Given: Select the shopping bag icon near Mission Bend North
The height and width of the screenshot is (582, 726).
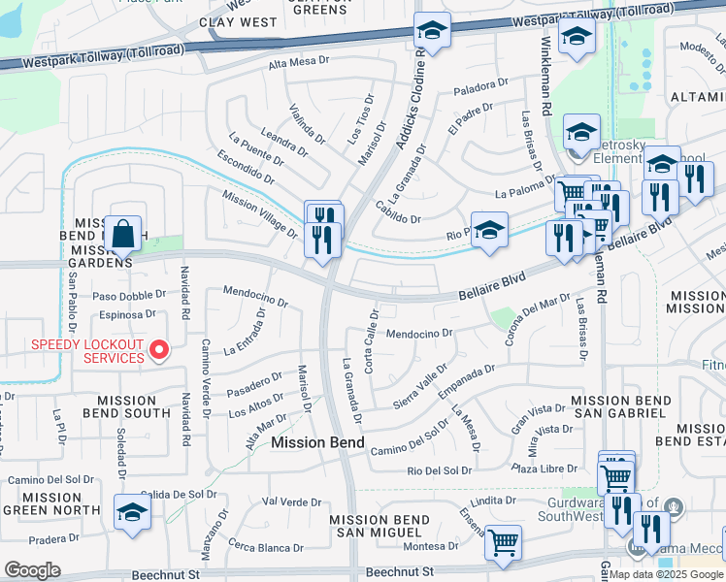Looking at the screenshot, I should (x=124, y=234).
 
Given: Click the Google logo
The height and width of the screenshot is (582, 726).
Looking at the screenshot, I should (x=32, y=570).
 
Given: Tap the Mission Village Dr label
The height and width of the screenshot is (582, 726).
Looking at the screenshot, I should (x=259, y=212).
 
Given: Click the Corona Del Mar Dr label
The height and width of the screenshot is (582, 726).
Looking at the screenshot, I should (x=537, y=319).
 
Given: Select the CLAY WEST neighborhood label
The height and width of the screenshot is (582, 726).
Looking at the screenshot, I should (x=237, y=21).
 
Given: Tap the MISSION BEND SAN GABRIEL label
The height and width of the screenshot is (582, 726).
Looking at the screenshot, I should (x=617, y=406).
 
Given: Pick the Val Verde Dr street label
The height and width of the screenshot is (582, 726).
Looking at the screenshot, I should (x=292, y=501).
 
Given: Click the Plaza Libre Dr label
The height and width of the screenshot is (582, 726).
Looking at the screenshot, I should (x=550, y=469).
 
